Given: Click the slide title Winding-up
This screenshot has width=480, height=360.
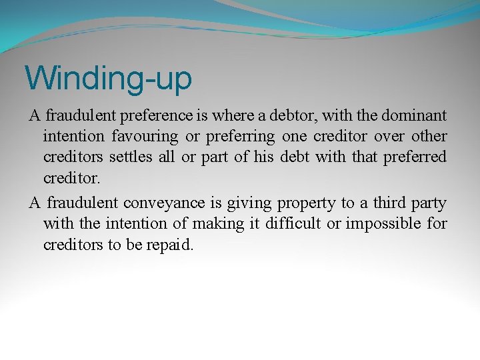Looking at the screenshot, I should pos(108,78).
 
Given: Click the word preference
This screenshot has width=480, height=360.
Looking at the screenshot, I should pos(157,116).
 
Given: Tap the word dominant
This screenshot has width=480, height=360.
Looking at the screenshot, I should pos(414,116).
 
